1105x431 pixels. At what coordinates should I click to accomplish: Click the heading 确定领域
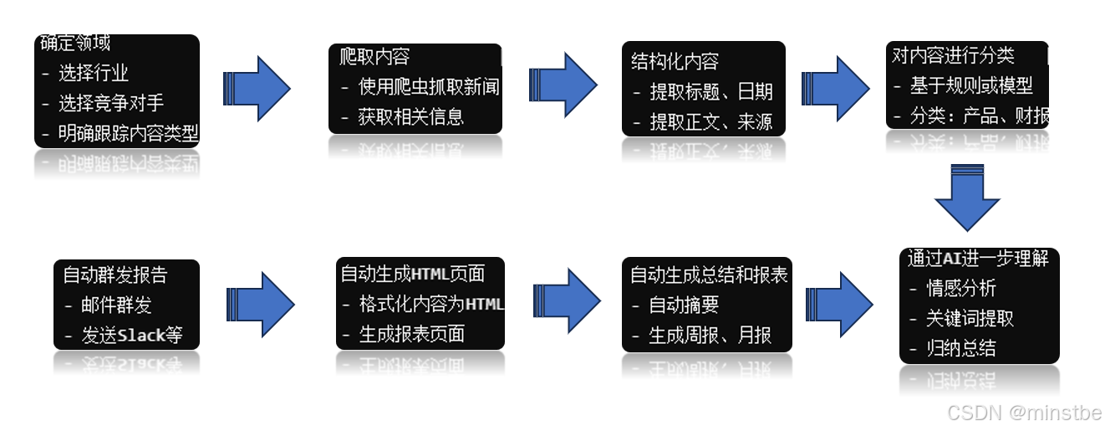coord(76,44)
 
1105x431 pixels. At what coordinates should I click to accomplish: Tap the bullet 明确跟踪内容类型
coord(127,133)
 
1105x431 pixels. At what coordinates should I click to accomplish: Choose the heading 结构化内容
coord(675,61)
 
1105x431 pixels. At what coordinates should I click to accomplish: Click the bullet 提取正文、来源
coord(710,122)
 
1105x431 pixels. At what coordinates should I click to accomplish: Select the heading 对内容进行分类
coord(953,56)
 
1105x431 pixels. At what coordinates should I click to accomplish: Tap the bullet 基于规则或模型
coord(970,86)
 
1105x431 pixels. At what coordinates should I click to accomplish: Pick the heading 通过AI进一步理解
coord(978,259)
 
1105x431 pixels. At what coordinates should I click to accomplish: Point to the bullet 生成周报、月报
coord(710,336)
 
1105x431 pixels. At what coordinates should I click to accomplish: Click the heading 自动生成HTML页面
coord(412,274)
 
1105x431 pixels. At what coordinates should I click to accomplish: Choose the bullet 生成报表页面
coord(411,335)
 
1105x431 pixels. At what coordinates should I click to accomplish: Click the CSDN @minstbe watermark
coord(1024,412)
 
